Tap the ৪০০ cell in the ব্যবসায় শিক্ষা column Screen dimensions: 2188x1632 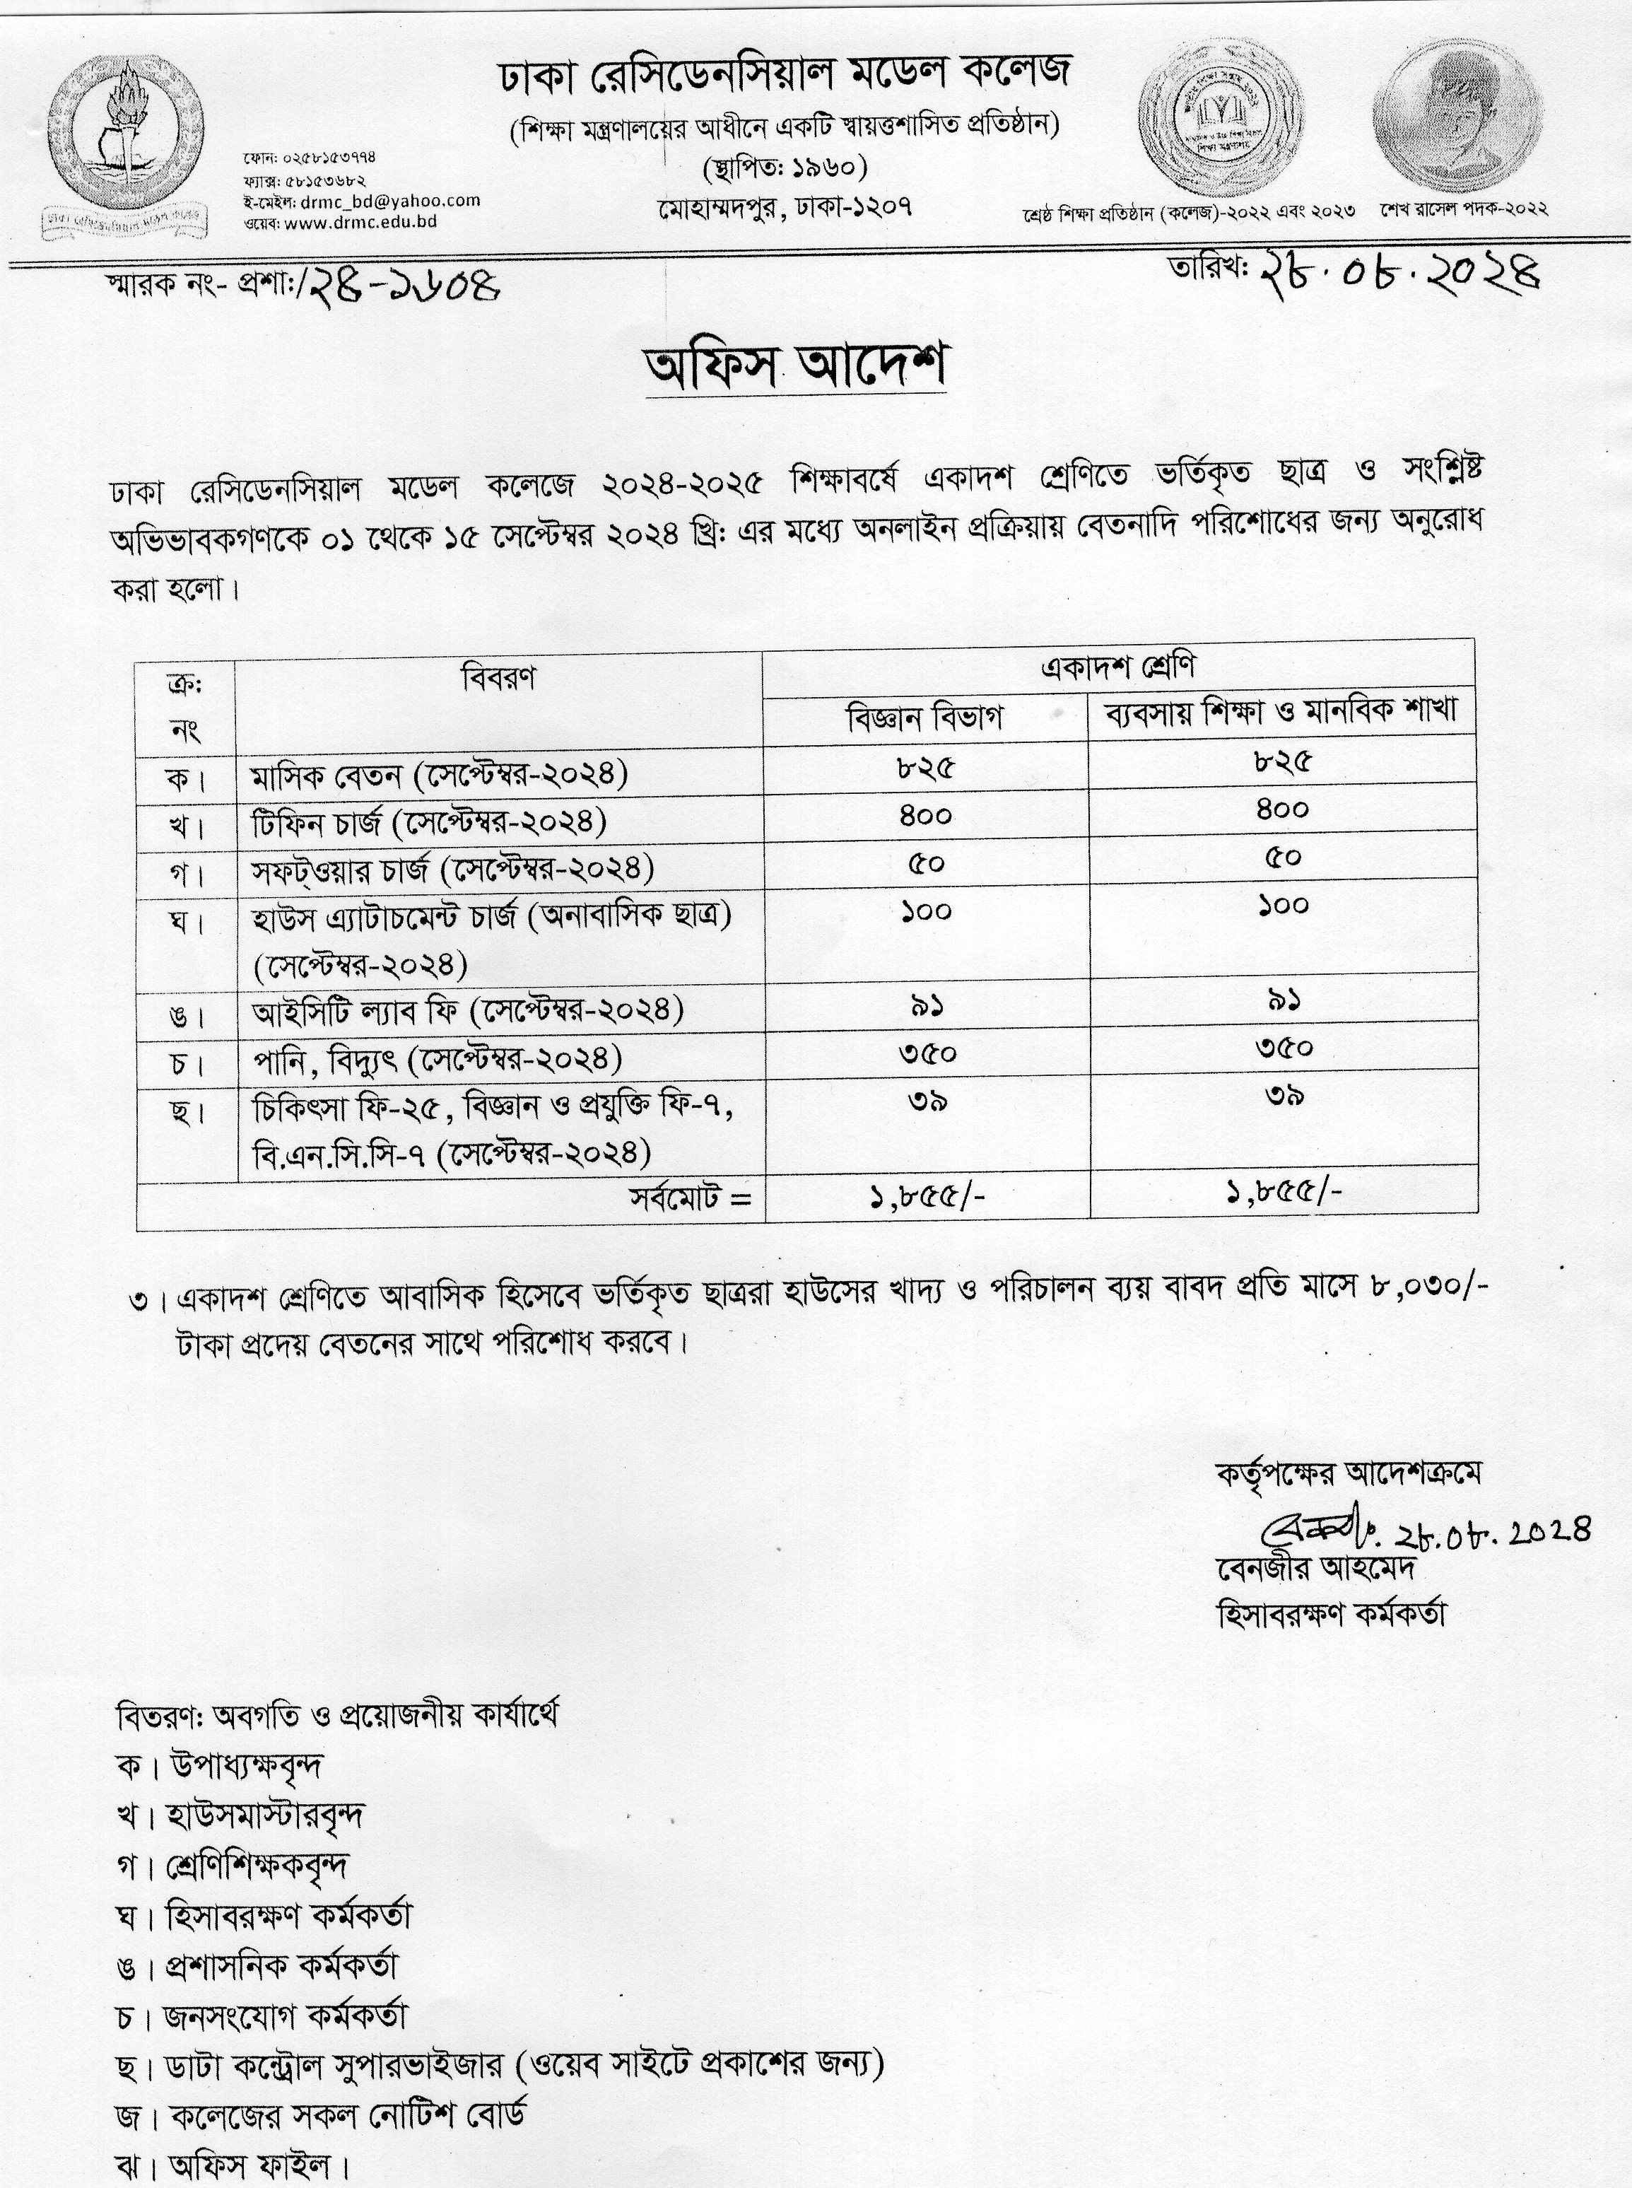tap(1282, 809)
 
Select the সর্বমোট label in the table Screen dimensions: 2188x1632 tap(691, 1199)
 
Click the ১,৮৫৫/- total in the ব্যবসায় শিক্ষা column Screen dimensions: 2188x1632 tap(1282, 1193)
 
